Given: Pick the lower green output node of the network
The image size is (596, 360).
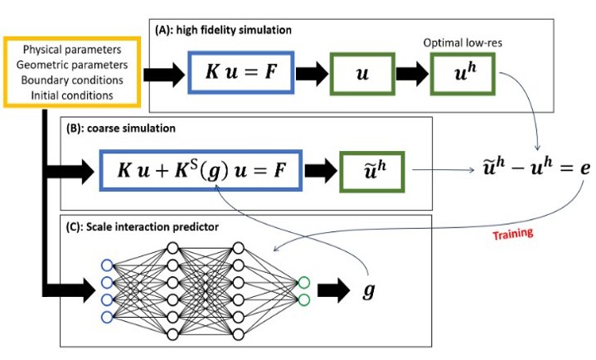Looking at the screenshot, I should pyautogui.click(x=304, y=299).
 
